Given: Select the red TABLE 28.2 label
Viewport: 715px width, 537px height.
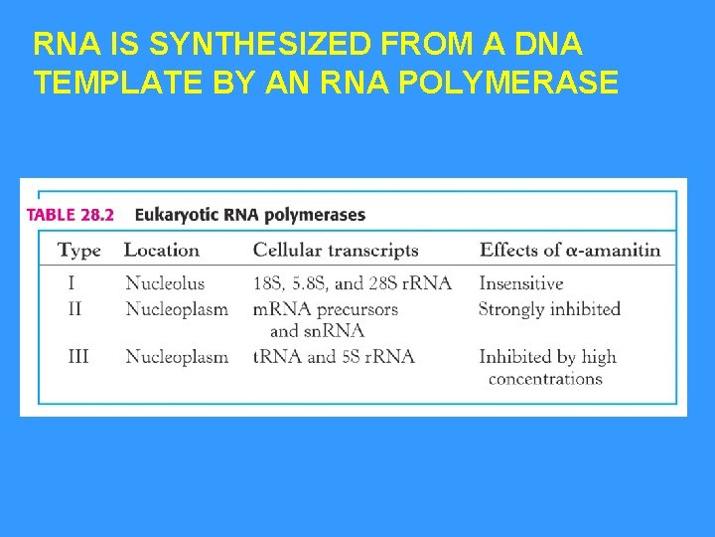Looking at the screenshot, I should coord(71,215).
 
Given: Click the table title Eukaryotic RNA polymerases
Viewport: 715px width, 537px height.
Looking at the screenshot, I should coord(249,215).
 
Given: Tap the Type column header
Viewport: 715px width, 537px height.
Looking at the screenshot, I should coord(79,251).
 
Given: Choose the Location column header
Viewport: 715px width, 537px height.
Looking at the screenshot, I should coord(162,251).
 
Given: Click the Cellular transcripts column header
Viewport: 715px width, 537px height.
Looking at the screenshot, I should coord(336,251).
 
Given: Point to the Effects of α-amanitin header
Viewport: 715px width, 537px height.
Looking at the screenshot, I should coord(569,251).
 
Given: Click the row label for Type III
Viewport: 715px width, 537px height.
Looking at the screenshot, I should coord(77,356).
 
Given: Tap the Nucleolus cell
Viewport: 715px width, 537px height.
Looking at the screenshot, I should coord(165,284).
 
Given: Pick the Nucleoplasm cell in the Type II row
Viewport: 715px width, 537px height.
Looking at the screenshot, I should coord(177,309).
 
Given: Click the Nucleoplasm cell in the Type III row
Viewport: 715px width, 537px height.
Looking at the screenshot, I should coord(177,356).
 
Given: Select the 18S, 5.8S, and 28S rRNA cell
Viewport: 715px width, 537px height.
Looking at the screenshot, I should coord(352,284).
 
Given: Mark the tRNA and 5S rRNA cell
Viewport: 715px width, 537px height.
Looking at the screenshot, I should coord(334,356).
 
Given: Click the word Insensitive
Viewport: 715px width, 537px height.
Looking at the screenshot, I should coord(521,284).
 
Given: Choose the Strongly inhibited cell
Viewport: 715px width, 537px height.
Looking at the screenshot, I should coord(549,309).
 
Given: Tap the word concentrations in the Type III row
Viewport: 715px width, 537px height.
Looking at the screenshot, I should coord(545,379).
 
